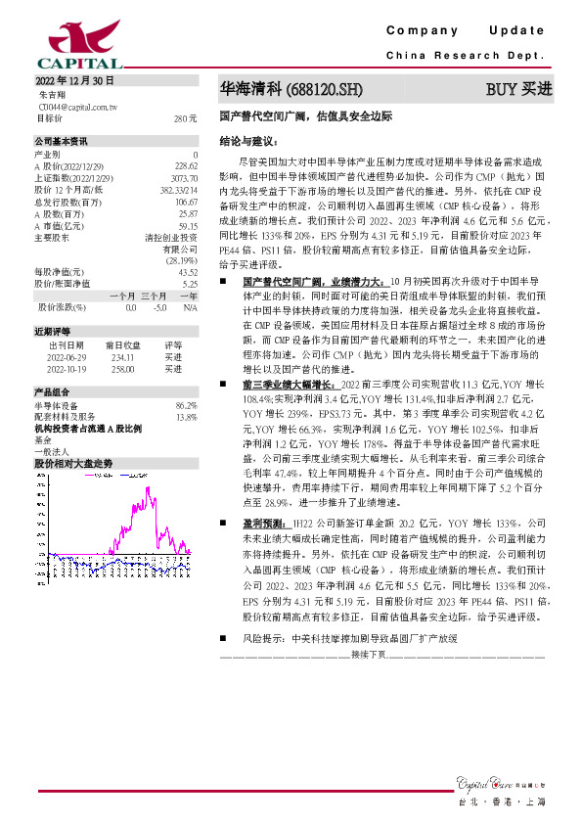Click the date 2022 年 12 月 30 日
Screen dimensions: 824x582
point(75,81)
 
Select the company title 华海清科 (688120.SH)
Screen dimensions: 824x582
point(291,89)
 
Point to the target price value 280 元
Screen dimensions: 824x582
point(186,118)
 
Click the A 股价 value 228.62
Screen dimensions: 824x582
point(186,166)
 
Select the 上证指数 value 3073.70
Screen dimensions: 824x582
point(185,178)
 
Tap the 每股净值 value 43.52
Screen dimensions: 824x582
point(186,271)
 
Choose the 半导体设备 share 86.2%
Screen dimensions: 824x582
point(186,404)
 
